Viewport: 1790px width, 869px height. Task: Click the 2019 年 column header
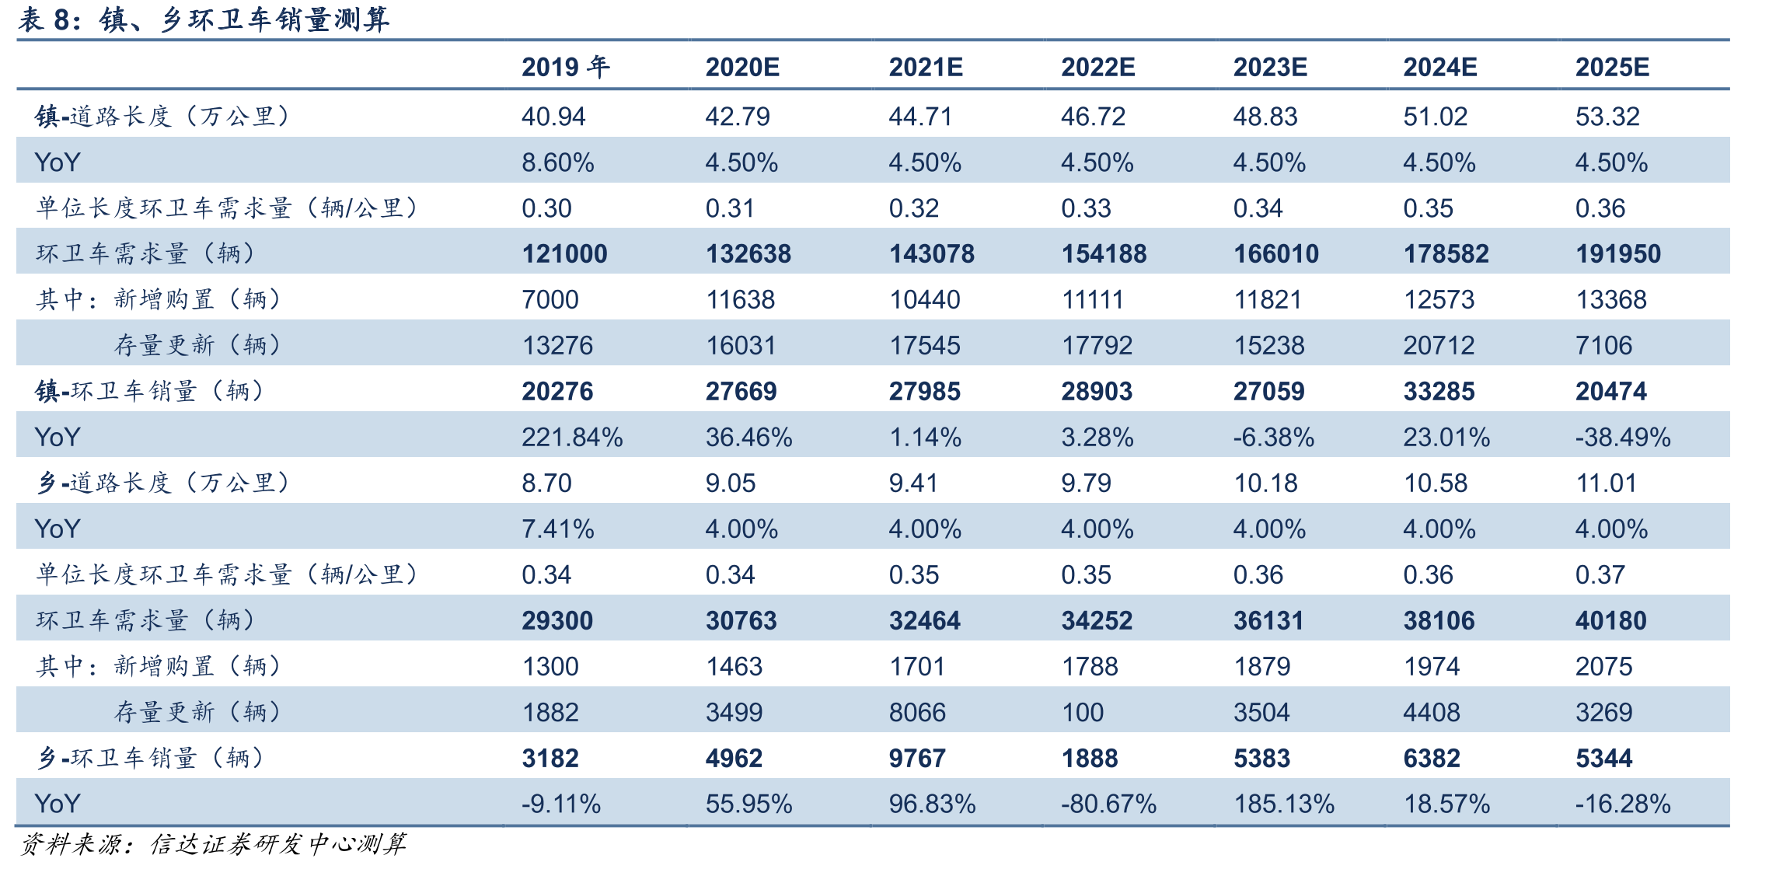565,67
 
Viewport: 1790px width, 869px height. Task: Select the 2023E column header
1270,67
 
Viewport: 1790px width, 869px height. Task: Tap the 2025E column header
1612,67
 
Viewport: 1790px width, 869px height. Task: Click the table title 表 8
204,19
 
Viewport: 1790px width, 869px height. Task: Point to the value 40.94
553,117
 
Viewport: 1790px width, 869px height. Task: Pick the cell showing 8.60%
557,162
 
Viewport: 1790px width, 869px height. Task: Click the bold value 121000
564,254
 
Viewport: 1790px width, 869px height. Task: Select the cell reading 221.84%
572,438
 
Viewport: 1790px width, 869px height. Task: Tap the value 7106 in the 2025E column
1603,346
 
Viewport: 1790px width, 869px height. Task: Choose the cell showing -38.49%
1623,438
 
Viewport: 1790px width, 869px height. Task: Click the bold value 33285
1439,392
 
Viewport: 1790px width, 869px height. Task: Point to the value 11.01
1606,483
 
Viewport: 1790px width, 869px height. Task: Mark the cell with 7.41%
557,529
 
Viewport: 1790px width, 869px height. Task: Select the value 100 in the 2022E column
1082,713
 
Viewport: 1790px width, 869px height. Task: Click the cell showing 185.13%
1284,804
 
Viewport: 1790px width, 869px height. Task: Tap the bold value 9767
917,759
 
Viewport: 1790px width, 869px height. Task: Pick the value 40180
1611,621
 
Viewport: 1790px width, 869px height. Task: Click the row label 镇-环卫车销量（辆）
150,391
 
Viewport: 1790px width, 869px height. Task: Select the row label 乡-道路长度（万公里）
163,483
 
